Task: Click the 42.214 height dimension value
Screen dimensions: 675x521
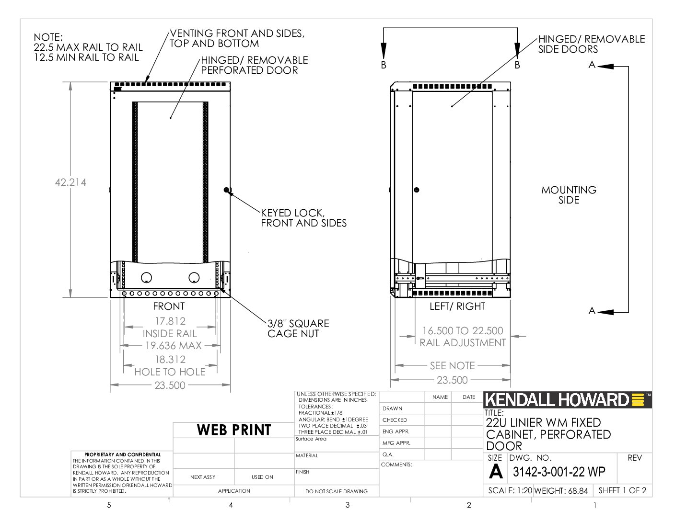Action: coord(70,182)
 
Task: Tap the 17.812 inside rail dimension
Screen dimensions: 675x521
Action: coord(170,321)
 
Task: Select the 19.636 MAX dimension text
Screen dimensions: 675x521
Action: coord(174,345)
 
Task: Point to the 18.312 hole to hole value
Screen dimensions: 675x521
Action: coord(170,359)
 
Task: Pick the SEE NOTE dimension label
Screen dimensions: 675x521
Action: coord(452,365)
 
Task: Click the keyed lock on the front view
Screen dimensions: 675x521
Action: coord(226,190)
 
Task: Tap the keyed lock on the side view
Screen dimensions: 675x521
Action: coord(417,190)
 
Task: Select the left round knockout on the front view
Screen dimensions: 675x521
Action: coord(146,277)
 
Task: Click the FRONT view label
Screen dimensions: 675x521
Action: coord(169,306)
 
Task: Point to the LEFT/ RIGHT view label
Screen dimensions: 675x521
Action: coord(457,306)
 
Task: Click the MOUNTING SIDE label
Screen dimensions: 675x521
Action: coord(569,195)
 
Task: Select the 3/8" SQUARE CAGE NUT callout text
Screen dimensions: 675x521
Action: coord(298,328)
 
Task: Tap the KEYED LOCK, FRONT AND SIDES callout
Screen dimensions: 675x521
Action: coord(303,218)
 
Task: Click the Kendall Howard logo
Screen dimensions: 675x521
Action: coord(568,400)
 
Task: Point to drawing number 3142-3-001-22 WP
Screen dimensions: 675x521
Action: coord(559,472)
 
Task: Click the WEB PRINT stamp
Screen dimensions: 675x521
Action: coord(234,430)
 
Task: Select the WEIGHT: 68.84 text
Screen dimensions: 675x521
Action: coord(561,490)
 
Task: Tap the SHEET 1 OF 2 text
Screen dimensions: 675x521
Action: coord(622,490)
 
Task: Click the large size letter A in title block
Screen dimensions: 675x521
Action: coord(495,471)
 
